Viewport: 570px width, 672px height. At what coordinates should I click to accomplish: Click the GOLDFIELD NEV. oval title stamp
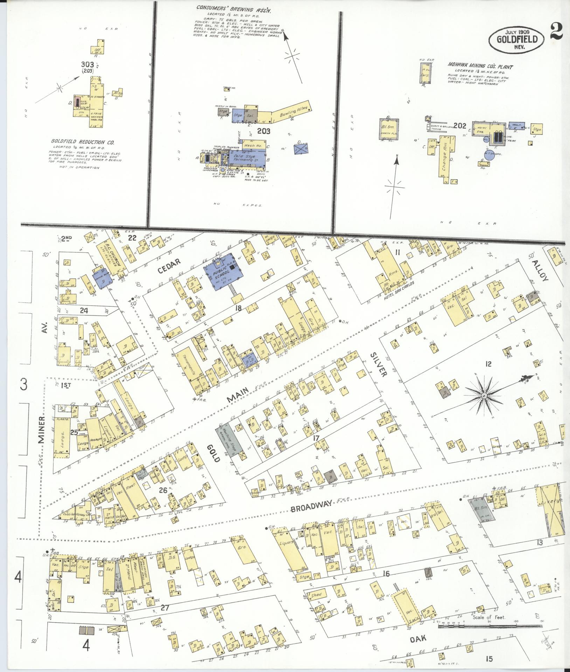pyautogui.click(x=517, y=40)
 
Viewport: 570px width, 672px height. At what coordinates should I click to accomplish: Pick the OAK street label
pyautogui.click(x=418, y=639)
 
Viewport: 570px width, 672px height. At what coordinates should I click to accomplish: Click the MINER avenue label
pyautogui.click(x=42, y=429)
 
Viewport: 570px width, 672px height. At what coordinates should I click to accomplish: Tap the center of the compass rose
pyautogui.click(x=484, y=395)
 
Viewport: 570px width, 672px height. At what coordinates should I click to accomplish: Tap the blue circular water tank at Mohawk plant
pyautogui.click(x=490, y=156)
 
